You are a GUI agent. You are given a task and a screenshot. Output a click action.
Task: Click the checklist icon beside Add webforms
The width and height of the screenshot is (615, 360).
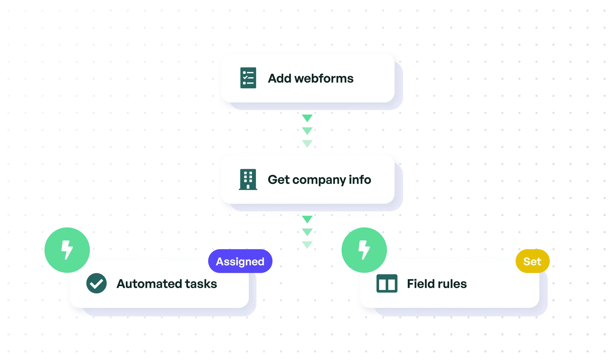coord(248,78)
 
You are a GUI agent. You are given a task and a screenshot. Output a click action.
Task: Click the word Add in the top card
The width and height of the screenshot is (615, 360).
coord(279,78)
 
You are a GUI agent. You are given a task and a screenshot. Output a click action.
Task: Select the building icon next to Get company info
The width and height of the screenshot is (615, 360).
coord(248,180)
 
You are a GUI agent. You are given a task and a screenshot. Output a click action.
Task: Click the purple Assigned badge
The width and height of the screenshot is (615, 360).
coord(240,261)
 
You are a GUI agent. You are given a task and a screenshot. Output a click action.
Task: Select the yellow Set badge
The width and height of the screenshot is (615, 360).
coord(532,261)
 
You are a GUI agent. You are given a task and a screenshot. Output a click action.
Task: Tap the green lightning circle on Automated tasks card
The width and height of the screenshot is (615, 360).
coord(67,250)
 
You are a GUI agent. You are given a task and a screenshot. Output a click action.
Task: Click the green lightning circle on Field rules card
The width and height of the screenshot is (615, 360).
coord(364,250)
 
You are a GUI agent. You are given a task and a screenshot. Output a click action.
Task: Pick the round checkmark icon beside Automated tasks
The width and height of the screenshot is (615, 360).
coord(97,283)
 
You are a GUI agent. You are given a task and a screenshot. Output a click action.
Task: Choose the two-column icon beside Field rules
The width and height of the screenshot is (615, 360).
coord(387,283)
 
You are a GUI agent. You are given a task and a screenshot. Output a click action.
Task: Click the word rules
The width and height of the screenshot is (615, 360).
coord(452,284)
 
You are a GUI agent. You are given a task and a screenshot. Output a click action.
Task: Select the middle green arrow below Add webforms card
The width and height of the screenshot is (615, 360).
coord(307,131)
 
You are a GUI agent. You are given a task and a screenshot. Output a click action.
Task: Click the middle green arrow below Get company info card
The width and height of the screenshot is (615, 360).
coord(307,232)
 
